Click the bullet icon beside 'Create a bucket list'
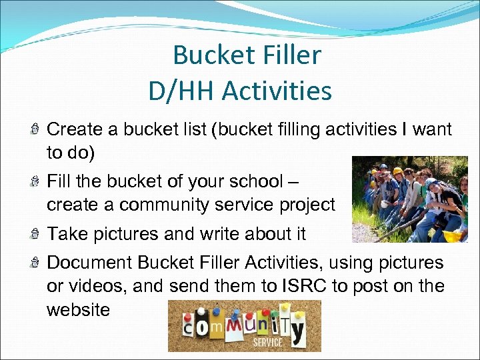pyautogui.click(x=37, y=129)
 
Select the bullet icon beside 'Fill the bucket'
pyautogui.click(x=37, y=181)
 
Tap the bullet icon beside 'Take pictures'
pyautogui.click(x=37, y=233)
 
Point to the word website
pyautogui.click(x=78, y=310)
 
